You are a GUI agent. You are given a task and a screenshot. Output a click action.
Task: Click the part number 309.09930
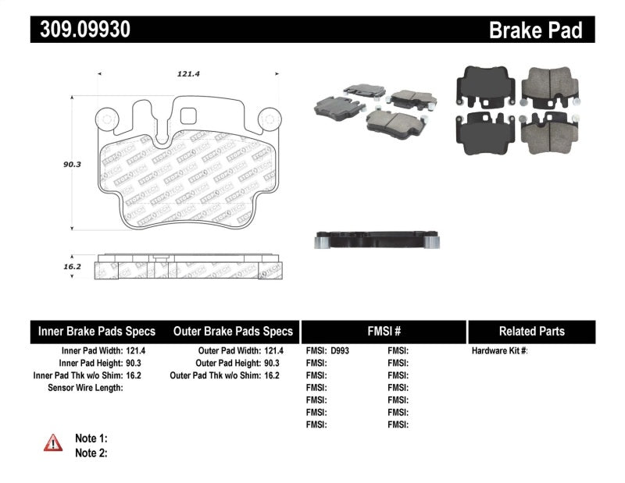point(80,29)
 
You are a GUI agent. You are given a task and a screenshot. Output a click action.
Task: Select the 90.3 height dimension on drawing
point(73,165)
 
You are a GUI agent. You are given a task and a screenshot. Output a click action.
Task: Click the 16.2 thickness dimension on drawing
point(73,266)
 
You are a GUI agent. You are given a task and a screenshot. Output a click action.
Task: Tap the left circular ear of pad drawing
point(106,119)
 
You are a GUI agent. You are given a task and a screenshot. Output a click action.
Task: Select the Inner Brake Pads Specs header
point(97,331)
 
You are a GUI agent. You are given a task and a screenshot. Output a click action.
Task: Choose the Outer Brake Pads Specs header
point(233,331)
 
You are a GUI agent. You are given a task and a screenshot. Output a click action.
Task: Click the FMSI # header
point(384,331)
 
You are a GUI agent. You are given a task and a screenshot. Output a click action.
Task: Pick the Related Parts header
point(531,331)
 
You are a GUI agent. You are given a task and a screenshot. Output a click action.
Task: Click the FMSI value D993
point(341,351)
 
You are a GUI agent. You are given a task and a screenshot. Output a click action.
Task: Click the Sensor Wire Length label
point(85,387)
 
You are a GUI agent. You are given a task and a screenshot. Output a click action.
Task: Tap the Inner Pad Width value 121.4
point(136,351)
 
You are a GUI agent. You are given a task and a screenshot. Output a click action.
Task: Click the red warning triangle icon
point(54,443)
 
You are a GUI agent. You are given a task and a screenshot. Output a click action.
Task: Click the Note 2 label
point(91,453)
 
